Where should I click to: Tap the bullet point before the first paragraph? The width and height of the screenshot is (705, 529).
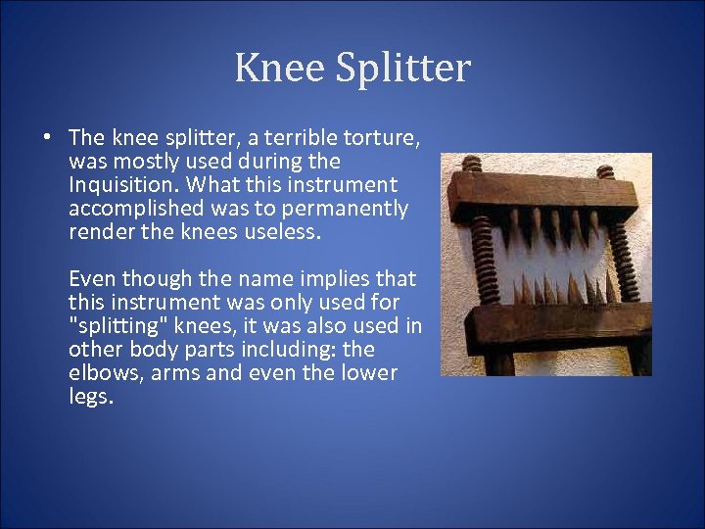pos(46,137)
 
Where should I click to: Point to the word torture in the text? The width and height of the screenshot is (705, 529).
pos(383,137)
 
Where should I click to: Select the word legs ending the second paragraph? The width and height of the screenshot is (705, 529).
pos(91,396)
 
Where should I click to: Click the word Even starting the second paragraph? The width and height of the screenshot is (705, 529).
pos(92,278)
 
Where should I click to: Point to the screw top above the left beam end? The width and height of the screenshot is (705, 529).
pos(472,163)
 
